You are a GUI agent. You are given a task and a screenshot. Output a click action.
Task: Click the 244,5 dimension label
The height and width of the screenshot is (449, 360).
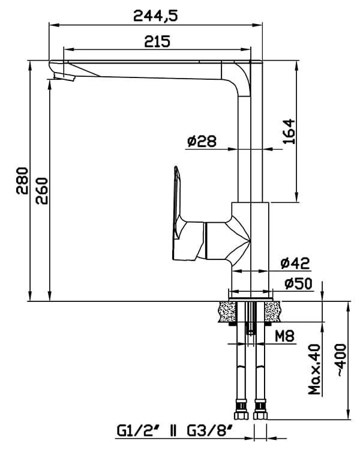tap(155, 16)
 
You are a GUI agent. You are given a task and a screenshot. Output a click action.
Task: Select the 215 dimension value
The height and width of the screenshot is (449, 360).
tap(157, 41)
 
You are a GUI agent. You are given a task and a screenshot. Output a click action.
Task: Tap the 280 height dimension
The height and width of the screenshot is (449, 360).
tap(22, 181)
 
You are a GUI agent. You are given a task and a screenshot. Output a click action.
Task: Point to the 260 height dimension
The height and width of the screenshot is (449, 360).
tap(42, 191)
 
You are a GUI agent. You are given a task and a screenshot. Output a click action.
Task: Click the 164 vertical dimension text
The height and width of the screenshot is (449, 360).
tap(289, 131)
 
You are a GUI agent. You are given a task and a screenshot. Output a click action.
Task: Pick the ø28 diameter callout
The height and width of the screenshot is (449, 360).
tap(202, 141)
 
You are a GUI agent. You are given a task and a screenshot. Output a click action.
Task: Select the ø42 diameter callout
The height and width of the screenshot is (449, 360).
tap(295, 263)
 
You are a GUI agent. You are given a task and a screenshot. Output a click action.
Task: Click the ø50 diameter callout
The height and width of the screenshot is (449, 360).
tap(298, 283)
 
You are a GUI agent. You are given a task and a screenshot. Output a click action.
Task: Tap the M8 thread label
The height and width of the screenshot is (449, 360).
tap(284, 336)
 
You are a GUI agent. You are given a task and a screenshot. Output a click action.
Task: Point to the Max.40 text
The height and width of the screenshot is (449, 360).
tap(314, 369)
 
